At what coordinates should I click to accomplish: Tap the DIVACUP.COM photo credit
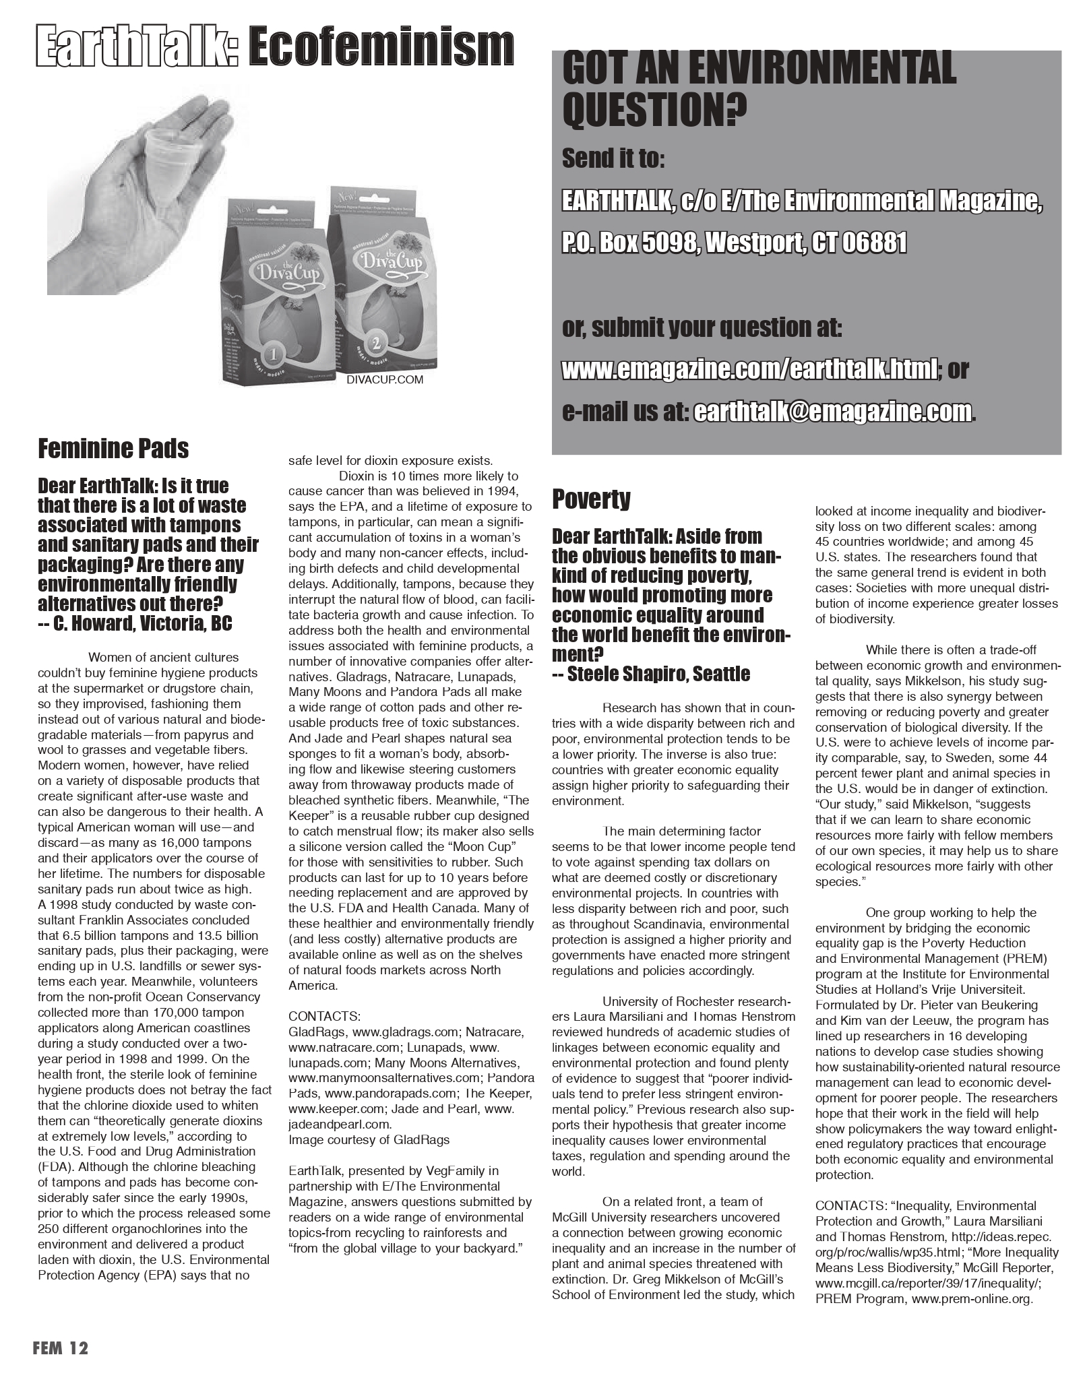pyautogui.click(x=385, y=380)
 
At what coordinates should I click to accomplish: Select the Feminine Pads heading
pyautogui.click(x=113, y=448)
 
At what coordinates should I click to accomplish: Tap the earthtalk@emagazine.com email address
pyautogui.click(x=832, y=411)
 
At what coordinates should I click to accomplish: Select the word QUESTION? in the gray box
pyautogui.click(x=654, y=110)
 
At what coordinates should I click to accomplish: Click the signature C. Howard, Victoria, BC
pyautogui.click(x=135, y=623)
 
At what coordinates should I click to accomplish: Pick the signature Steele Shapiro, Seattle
pyautogui.click(x=651, y=674)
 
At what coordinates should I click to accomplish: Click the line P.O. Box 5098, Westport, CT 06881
pyautogui.click(x=734, y=243)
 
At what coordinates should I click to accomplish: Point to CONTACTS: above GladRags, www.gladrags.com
pyautogui.click(x=324, y=1016)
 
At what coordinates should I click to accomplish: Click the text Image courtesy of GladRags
pyautogui.click(x=369, y=1139)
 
